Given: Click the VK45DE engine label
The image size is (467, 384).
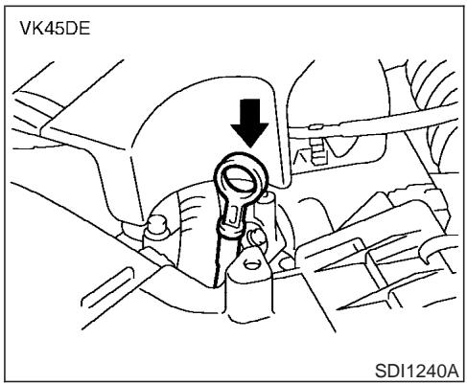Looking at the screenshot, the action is [x=55, y=29].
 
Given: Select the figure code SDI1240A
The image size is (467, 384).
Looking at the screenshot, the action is [x=417, y=371].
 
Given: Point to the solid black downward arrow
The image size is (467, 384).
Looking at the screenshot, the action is [x=249, y=123].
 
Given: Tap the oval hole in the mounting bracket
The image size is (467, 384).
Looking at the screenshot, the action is [x=251, y=264].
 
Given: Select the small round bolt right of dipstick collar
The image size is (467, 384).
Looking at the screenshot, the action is [x=256, y=237].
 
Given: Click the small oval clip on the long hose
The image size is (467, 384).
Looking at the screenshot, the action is [x=315, y=126].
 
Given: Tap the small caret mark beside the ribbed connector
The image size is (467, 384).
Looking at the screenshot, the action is [x=302, y=156].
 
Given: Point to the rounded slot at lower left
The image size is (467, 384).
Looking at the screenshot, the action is [x=107, y=286].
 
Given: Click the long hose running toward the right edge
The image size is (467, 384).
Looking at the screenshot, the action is [x=374, y=124].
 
